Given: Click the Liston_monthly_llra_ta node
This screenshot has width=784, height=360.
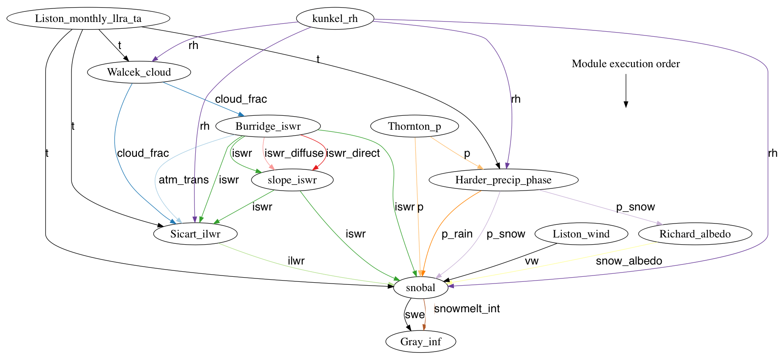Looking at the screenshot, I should [x=88, y=19].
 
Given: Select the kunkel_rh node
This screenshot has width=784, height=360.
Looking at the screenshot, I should [x=335, y=19].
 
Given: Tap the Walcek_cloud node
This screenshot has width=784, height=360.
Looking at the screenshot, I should [x=139, y=72].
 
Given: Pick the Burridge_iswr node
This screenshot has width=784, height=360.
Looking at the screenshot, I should [x=268, y=126].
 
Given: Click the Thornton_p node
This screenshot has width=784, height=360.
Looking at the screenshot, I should [x=414, y=126].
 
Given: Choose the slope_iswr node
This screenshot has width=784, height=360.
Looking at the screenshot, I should [x=292, y=180].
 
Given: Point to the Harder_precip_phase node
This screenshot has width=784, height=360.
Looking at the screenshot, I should [x=503, y=180].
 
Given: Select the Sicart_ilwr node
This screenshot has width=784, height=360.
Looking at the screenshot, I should [x=195, y=234].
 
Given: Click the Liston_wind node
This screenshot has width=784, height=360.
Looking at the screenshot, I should [x=581, y=234].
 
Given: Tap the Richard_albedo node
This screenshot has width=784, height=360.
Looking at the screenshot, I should [x=695, y=234].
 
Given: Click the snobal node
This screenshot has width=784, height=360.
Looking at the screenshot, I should [x=420, y=288].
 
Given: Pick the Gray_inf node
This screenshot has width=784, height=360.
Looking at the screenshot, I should [x=421, y=342].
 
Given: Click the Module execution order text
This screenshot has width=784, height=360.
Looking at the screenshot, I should [x=626, y=64].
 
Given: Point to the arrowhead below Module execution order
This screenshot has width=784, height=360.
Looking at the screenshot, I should [x=626, y=104].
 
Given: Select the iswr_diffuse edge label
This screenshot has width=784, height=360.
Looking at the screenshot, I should [x=294, y=153].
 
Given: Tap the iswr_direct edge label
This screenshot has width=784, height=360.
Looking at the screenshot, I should [x=353, y=153].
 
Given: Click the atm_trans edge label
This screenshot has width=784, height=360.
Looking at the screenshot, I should [x=183, y=180].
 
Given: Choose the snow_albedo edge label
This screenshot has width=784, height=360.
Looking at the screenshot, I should [x=628, y=261].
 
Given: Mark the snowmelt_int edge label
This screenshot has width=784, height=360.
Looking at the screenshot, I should [x=467, y=309].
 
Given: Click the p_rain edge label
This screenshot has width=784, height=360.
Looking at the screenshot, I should [x=457, y=234].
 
